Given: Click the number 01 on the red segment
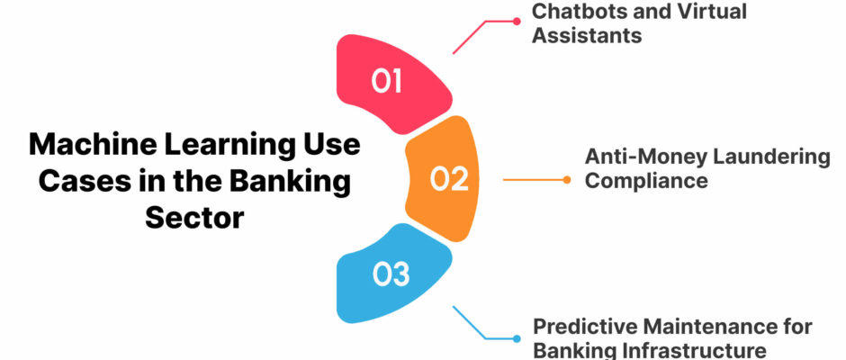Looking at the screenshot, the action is pyautogui.click(x=387, y=81).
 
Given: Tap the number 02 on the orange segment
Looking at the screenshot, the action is pyautogui.click(x=449, y=179).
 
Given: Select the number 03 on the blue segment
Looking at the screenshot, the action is pyautogui.click(x=391, y=274).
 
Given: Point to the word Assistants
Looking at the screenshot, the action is pyautogui.click(x=587, y=36).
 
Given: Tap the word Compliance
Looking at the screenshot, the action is pyautogui.click(x=646, y=181).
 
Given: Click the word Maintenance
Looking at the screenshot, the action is pyautogui.click(x=709, y=327).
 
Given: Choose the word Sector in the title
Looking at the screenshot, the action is pyautogui.click(x=194, y=219).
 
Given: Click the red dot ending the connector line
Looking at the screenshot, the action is pyautogui.click(x=517, y=22).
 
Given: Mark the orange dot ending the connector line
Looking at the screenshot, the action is pyautogui.click(x=566, y=180).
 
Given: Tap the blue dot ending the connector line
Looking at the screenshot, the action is pyautogui.click(x=517, y=339).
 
